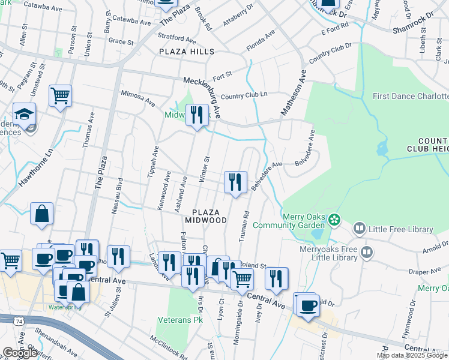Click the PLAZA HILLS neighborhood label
pyautogui.click(x=186, y=52)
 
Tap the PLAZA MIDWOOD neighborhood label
pyautogui.click(x=209, y=216)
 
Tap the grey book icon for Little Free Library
pyautogui.click(x=359, y=229)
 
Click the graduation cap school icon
pyautogui.click(x=25, y=113)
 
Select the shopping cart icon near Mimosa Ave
pyautogui.click(x=60, y=94)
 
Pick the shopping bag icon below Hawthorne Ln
pyautogui.click(x=42, y=214)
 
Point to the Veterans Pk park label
pyautogui.click(x=180, y=320)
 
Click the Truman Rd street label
pyautogui.click(x=245, y=226)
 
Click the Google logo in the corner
pyautogui.click(x=20, y=353)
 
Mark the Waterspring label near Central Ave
pyautogui.click(x=65, y=307)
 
